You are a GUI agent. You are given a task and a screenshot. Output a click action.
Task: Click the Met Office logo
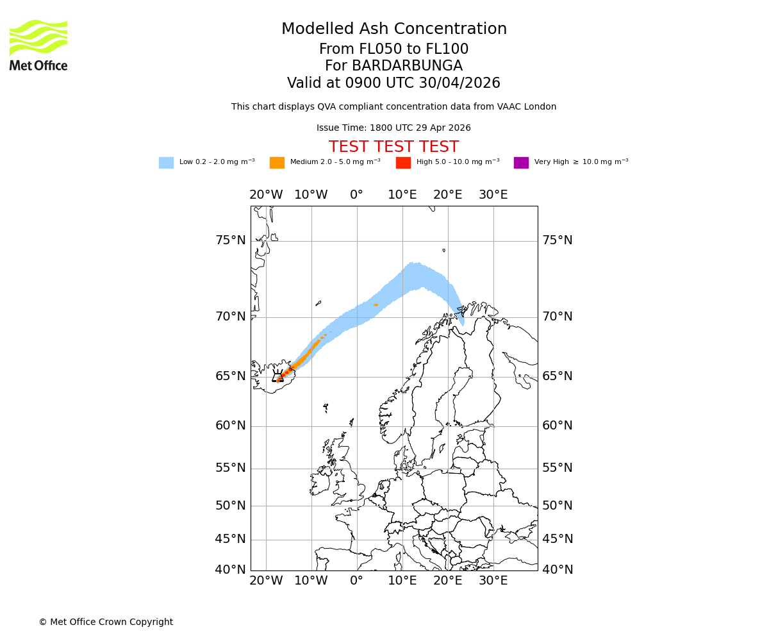[x=38, y=45]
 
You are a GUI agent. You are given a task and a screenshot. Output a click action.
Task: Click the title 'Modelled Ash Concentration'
[x=394, y=29]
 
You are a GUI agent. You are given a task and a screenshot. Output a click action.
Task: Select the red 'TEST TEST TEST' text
[x=394, y=147]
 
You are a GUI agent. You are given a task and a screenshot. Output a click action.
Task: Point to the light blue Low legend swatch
[x=166, y=163]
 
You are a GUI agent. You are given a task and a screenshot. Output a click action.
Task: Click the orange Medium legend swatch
[x=277, y=163]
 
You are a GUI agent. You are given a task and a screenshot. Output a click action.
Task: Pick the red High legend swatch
[x=403, y=163]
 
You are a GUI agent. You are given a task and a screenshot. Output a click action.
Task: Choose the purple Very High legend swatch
[x=521, y=163]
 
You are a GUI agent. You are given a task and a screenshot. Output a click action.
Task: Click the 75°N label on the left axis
[x=230, y=240]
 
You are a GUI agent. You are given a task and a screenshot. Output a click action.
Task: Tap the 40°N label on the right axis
[x=558, y=569]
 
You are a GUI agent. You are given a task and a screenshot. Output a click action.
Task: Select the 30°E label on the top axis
[x=493, y=195]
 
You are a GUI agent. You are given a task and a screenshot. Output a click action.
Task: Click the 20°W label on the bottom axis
[x=266, y=581]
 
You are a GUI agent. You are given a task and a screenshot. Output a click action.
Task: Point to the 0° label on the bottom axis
[x=357, y=581]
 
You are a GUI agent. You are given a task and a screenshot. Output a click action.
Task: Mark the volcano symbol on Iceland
[x=277, y=378]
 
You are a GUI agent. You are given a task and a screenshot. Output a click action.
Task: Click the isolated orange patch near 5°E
[x=376, y=304]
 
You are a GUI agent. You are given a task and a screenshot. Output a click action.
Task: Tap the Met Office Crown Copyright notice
[x=106, y=622]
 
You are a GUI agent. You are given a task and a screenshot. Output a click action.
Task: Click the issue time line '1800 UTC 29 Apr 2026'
[x=420, y=128]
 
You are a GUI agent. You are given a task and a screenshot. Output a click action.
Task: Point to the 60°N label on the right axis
[x=558, y=426]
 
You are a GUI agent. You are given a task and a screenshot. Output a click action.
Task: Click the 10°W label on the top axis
[x=311, y=195]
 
